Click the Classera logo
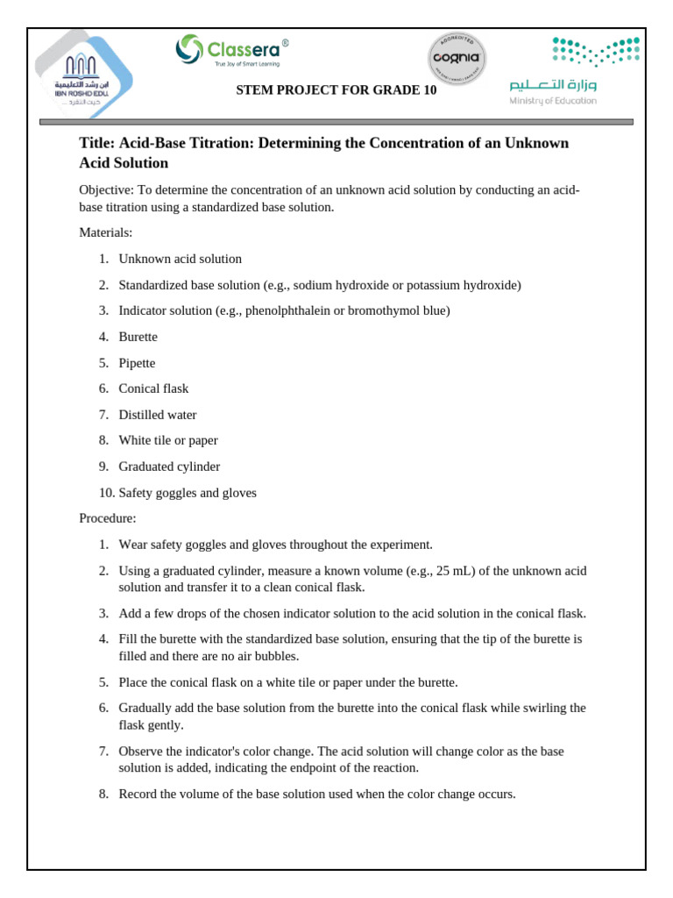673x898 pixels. pos(231,51)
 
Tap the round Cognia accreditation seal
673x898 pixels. pos(457,59)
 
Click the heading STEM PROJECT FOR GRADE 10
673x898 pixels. pos(336,90)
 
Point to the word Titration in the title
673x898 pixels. pos(219,143)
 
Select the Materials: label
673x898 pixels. pos(106,232)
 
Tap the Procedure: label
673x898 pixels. pos(108,518)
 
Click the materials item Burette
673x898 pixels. pos(138,337)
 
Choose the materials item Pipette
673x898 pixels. pos(137,363)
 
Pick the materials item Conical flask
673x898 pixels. pos(153,388)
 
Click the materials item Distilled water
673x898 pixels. pos(158,415)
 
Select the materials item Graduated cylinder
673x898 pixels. pos(169,467)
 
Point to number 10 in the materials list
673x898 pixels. pos(106,493)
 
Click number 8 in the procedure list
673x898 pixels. pos(103,795)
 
